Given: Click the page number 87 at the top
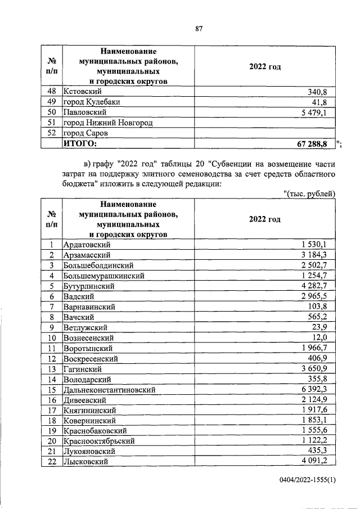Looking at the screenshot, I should click(199, 29).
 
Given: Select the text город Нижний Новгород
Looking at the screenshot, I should click(108, 123).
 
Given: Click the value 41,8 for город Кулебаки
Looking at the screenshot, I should click(326, 102).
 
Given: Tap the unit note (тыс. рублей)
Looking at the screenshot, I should click(310, 193).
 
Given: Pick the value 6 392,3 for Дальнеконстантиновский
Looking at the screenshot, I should click(318, 389).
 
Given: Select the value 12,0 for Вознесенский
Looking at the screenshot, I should click(326, 337).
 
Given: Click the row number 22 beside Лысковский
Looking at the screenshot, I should click(51, 462).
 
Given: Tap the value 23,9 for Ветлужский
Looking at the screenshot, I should click(326, 327).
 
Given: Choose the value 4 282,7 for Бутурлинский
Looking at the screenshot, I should click(318, 286).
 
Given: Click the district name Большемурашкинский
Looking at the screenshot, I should click(105, 276).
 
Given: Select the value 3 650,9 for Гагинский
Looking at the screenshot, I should click(318, 368).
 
